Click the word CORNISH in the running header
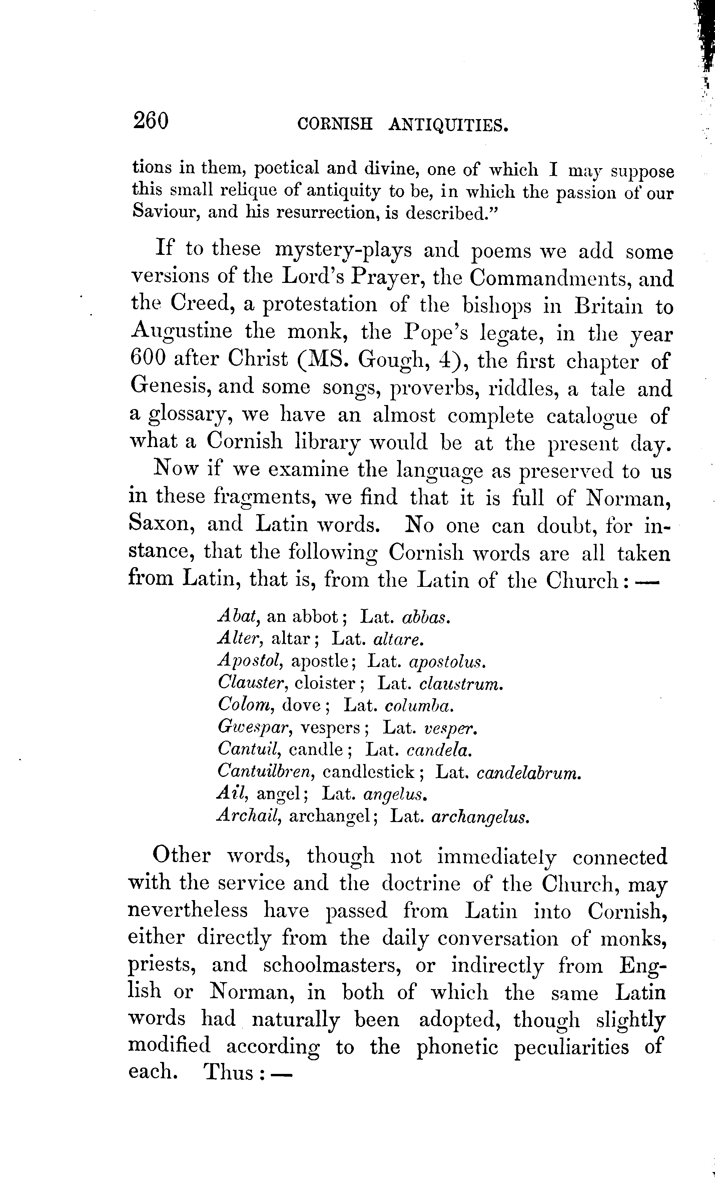tap(334, 125)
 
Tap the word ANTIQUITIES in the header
tap(448, 126)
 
